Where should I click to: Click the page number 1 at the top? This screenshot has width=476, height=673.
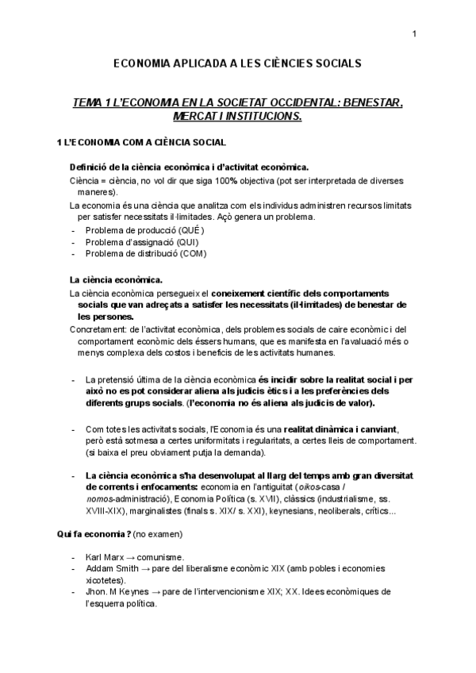click(x=414, y=33)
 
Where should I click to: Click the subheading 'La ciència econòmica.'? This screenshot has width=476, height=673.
click(x=116, y=279)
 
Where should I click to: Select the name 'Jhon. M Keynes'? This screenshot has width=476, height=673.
click(x=119, y=592)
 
